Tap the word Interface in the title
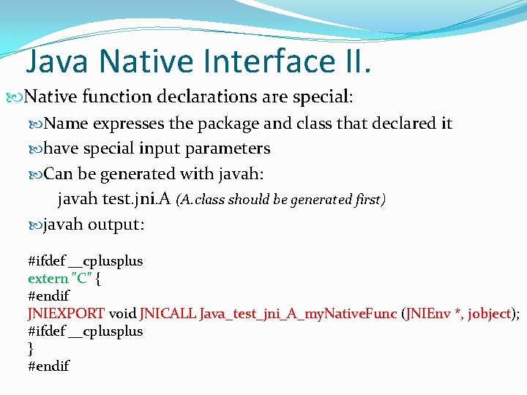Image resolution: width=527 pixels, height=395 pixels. pos(267,61)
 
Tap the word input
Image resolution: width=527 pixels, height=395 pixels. pos(143,148)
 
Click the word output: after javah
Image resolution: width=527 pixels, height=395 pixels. pos(116,225)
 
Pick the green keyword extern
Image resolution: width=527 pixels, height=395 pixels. pos(48,278)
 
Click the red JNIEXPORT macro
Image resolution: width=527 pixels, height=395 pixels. pos(66,313)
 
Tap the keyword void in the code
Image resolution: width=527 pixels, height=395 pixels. pos(122,313)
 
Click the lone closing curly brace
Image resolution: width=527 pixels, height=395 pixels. pos(31,348)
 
